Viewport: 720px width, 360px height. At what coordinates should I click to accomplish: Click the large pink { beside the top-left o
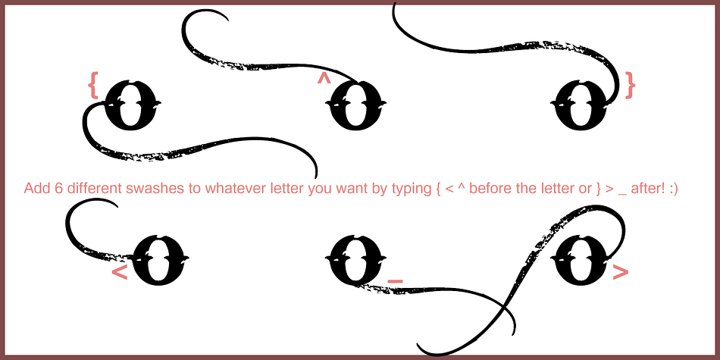[93, 85]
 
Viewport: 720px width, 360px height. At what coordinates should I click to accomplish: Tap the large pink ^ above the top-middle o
[324, 79]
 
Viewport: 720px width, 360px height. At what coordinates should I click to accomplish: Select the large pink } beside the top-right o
[630, 85]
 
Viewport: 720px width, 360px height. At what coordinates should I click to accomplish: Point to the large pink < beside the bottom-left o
[120, 273]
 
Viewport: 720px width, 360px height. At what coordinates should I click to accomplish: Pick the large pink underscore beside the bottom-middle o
[396, 280]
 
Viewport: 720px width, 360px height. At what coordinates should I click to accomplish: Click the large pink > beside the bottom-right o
[621, 273]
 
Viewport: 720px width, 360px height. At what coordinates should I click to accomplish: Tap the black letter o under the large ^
[355, 105]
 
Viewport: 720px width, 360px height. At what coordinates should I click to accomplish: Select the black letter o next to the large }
[580, 105]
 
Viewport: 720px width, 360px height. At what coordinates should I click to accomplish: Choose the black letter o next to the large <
[159, 261]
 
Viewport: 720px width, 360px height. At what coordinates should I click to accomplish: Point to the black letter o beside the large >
[580, 261]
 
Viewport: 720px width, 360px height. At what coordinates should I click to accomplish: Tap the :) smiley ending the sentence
[673, 189]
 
